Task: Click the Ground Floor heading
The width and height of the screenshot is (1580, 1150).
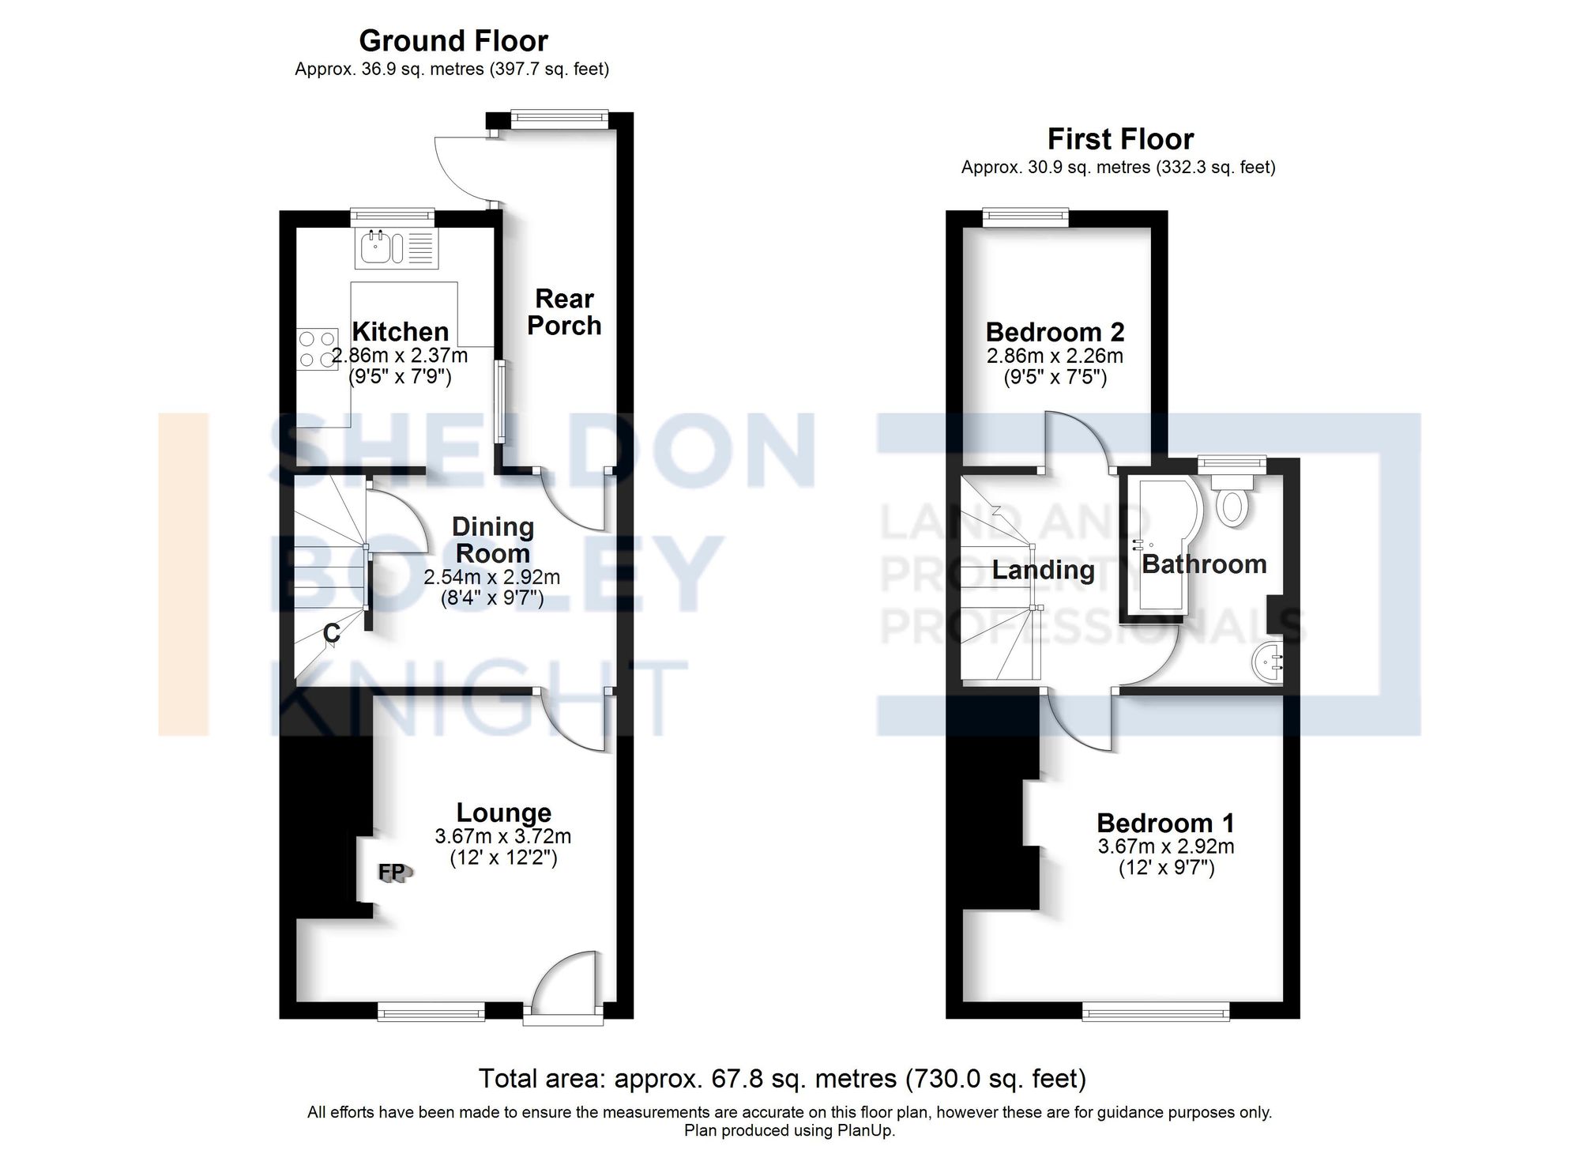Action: pos(453,41)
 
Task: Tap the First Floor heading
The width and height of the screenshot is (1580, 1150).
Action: pos(1119,139)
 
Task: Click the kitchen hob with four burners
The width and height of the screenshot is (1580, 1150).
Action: pos(315,349)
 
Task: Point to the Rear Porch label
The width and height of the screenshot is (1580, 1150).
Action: pos(564,312)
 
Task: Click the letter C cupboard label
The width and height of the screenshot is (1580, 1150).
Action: pos(332,633)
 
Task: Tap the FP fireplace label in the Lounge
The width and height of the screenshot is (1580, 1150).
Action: pos(392,872)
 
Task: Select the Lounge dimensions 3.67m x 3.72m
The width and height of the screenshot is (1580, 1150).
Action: pos(503,836)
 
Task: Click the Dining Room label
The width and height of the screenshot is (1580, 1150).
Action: pos(493,540)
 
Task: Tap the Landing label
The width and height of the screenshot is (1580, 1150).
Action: pos(1043,570)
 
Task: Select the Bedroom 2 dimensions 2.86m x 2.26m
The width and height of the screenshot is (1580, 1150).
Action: pos(1055,356)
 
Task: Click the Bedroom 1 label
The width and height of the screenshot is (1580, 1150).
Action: pos(1165,823)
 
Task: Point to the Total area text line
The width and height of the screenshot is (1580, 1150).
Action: pos(782,1078)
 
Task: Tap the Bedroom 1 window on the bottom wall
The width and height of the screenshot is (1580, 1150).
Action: pos(1155,1011)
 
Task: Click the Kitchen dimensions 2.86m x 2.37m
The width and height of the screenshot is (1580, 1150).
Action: pos(400,356)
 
